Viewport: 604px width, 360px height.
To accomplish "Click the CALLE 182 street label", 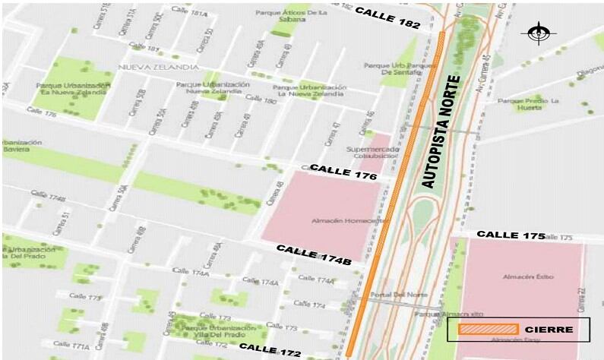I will pyautogui.click(x=387, y=18).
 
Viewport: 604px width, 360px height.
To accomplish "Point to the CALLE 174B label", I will pyautogui.click(x=313, y=254).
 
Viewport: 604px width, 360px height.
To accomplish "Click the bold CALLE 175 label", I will pyautogui.click(x=511, y=235).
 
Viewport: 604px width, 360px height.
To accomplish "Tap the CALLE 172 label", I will pyautogui.click(x=270, y=350).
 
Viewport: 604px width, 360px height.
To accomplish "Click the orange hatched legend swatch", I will pyautogui.click(x=489, y=329).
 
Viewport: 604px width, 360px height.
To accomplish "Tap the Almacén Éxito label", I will pyautogui.click(x=523, y=277).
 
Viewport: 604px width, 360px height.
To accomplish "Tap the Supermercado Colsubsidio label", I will pyautogui.click(x=372, y=153).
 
